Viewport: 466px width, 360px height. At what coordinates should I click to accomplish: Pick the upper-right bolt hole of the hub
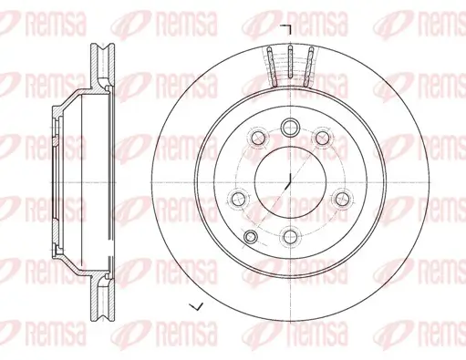[x=322, y=138]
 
